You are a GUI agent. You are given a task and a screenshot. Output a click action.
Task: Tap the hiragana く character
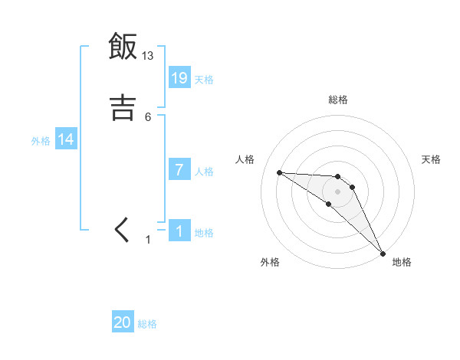point(123,229)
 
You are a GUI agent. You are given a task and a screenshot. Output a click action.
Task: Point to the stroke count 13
point(148,55)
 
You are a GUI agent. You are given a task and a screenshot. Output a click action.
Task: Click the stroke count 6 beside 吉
point(148,116)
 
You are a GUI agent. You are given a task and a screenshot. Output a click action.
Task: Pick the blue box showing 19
point(179,78)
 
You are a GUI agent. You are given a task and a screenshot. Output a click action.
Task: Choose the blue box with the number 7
point(179,170)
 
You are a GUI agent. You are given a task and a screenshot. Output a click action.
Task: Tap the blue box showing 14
point(66,139)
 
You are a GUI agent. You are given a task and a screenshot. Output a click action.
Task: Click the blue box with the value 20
point(123,322)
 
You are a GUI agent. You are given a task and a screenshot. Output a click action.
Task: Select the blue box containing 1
point(179,231)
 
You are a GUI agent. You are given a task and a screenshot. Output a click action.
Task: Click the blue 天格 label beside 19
point(204,80)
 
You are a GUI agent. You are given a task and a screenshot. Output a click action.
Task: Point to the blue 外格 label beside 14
point(41,141)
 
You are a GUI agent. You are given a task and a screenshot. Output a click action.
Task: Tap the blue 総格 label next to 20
point(147,324)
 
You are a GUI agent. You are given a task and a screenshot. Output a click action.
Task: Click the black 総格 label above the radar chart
point(338,100)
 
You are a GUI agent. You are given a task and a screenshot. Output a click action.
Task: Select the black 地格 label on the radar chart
point(402,262)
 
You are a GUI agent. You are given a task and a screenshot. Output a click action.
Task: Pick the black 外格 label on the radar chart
point(271,262)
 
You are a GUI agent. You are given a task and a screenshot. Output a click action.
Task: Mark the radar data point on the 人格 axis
point(279,172)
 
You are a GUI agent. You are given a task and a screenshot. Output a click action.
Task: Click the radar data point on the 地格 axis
point(383,252)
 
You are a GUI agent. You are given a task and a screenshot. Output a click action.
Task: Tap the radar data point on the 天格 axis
point(352,186)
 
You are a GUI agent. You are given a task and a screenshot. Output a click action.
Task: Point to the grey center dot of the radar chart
point(337,191)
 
